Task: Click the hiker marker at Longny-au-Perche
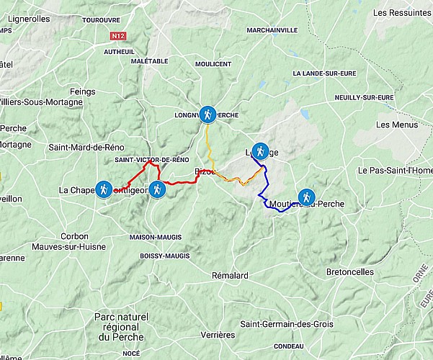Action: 207,114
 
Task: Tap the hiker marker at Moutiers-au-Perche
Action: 306,197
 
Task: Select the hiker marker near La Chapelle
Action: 104,189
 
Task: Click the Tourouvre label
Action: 101,21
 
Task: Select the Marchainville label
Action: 272,30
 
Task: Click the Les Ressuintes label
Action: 400,13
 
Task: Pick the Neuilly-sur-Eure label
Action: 364,97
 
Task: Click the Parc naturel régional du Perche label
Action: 121,327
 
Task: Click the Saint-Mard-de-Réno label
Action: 81,148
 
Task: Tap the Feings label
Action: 82,91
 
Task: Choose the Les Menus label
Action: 396,125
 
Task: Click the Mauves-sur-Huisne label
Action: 73,247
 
